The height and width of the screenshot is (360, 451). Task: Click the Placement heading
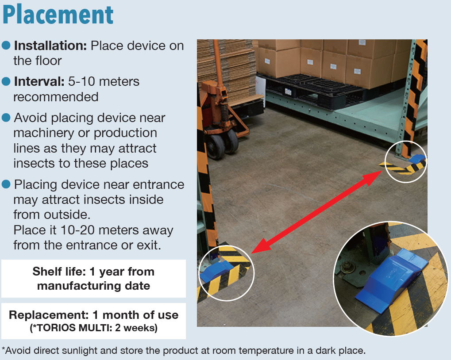tap(58, 15)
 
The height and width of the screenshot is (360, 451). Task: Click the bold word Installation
tap(50, 46)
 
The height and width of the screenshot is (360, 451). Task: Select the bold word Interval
tap(39, 81)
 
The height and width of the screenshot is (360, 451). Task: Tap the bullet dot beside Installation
tap(6, 45)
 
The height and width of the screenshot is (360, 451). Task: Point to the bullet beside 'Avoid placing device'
tap(6, 118)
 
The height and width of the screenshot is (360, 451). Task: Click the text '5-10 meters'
tap(104, 81)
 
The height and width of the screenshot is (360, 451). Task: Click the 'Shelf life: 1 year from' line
tap(93, 272)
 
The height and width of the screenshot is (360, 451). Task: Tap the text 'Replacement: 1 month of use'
tap(93, 315)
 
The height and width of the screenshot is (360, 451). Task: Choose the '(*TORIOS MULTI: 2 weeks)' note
tap(93, 328)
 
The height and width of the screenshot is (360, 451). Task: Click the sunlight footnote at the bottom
tap(184, 351)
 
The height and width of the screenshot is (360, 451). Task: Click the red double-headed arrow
tap(317, 211)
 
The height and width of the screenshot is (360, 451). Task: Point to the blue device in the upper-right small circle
tap(417, 158)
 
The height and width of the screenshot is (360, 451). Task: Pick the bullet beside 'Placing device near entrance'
tap(6, 184)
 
